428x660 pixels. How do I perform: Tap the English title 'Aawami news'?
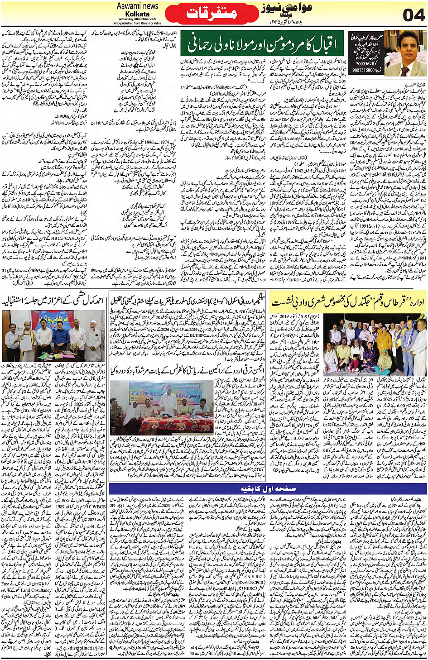click(x=137, y=6)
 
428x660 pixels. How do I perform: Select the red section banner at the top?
click(x=212, y=14)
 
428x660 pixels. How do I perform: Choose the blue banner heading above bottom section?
click(x=267, y=489)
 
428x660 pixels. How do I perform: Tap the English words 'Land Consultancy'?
click(x=37, y=590)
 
